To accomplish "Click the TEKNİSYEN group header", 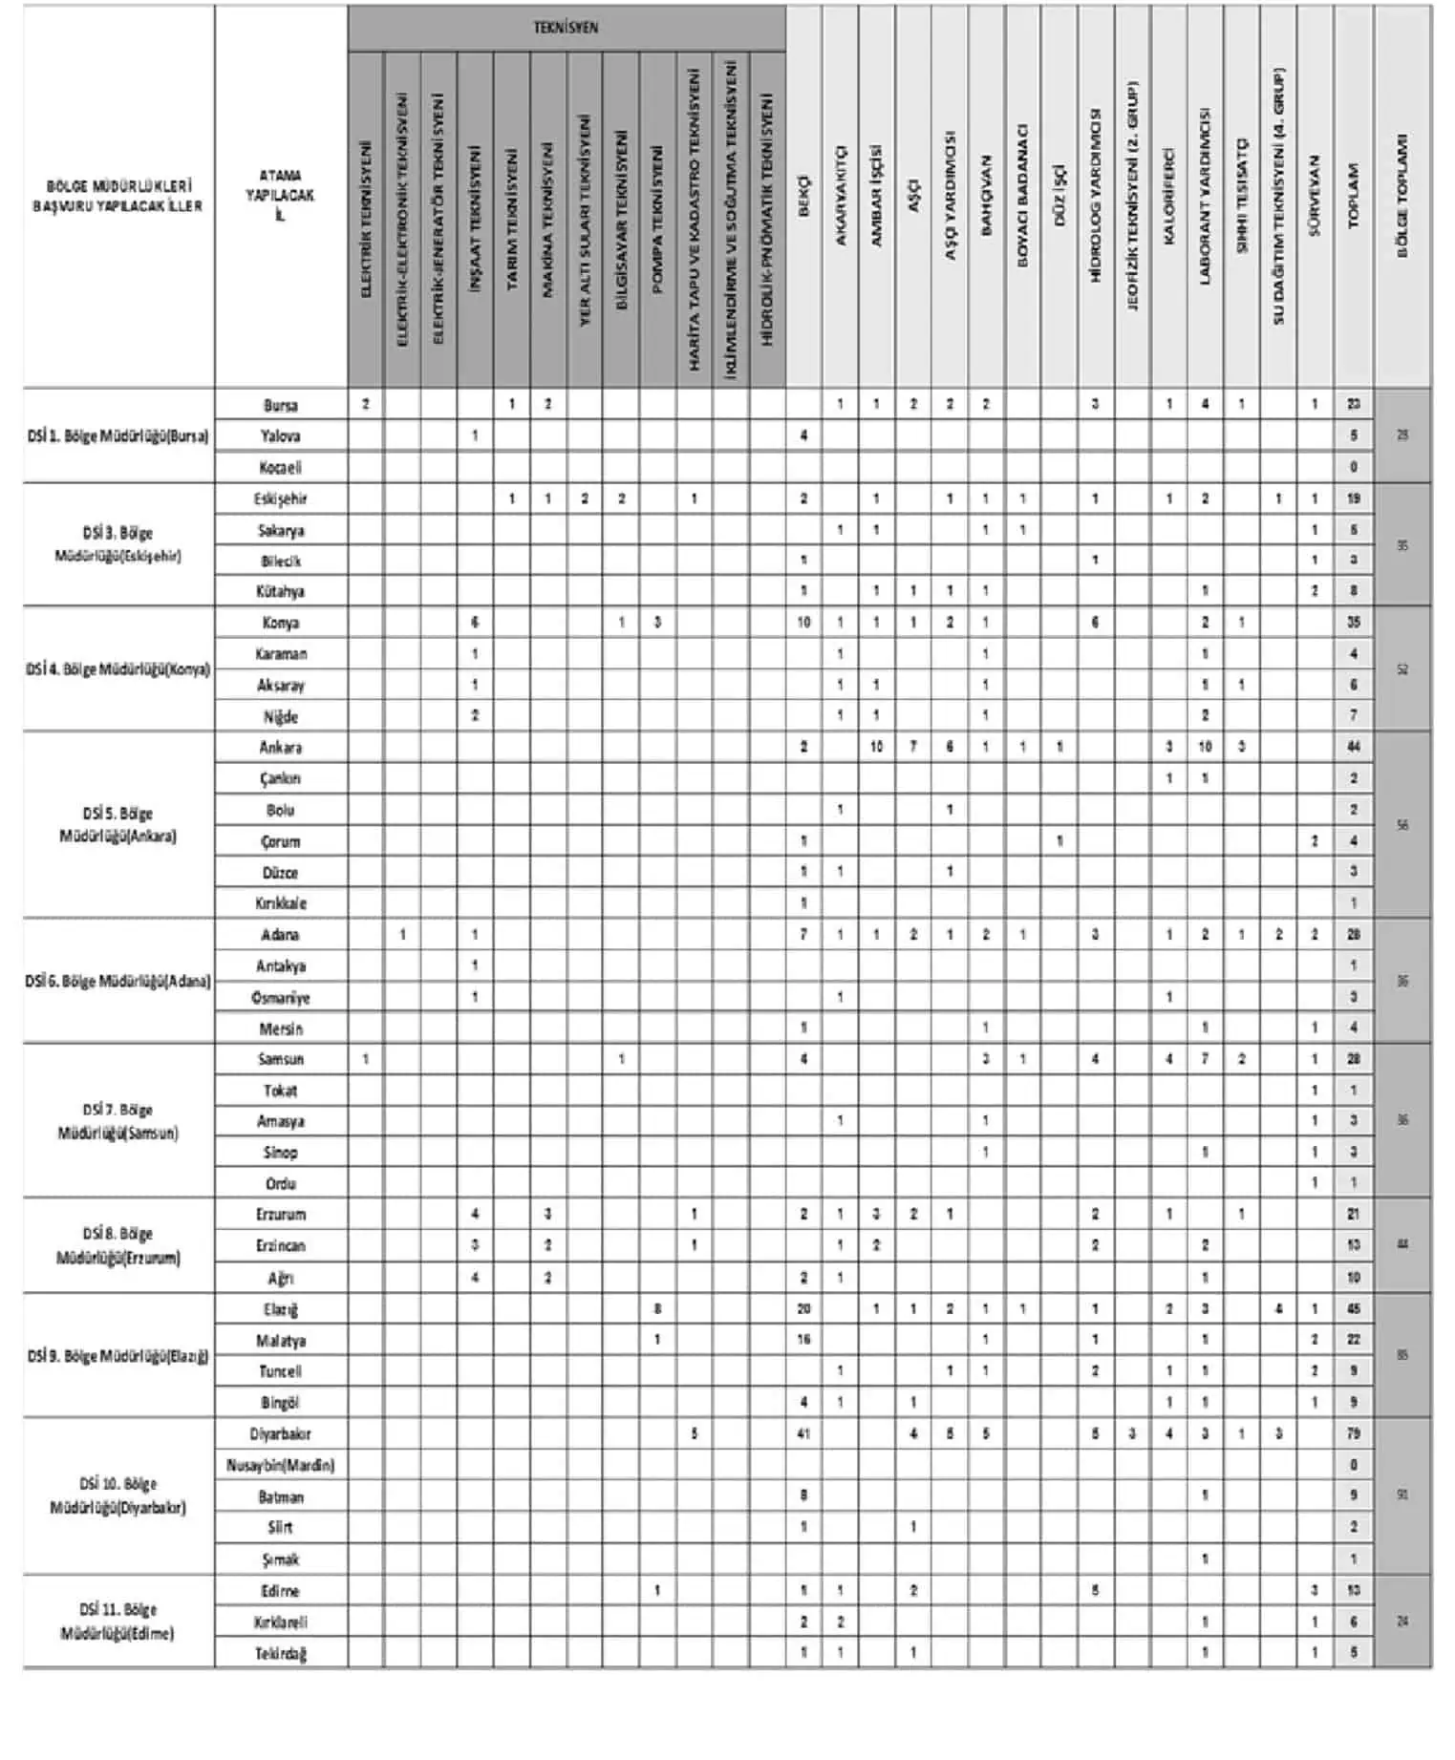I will [x=566, y=28].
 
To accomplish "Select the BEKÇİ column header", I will [x=803, y=196].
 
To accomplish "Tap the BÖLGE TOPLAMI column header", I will [x=1402, y=196].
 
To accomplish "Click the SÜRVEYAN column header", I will [x=1315, y=196].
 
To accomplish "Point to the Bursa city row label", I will [x=281, y=405].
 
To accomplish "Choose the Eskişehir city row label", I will [x=281, y=498].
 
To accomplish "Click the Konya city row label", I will [x=281, y=623].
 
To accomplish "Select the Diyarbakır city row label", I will [x=281, y=1434].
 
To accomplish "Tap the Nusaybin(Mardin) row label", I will [x=281, y=1465].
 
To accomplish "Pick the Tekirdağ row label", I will [x=281, y=1653].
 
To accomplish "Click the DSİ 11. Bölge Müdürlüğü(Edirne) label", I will [x=118, y=1622].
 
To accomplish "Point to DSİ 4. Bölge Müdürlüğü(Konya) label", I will [x=118, y=669].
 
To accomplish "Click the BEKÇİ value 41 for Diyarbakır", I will [x=803, y=1434].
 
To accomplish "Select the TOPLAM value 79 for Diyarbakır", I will [x=1353, y=1434].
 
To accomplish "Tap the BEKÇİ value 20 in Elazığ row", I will [x=803, y=1309].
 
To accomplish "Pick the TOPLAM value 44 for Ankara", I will [x=1353, y=747].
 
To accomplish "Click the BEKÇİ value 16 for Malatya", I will [x=803, y=1340].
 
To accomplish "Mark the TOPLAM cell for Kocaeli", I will [x=1353, y=467].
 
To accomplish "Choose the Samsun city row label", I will [x=281, y=1059].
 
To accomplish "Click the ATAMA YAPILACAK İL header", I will [x=280, y=196].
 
